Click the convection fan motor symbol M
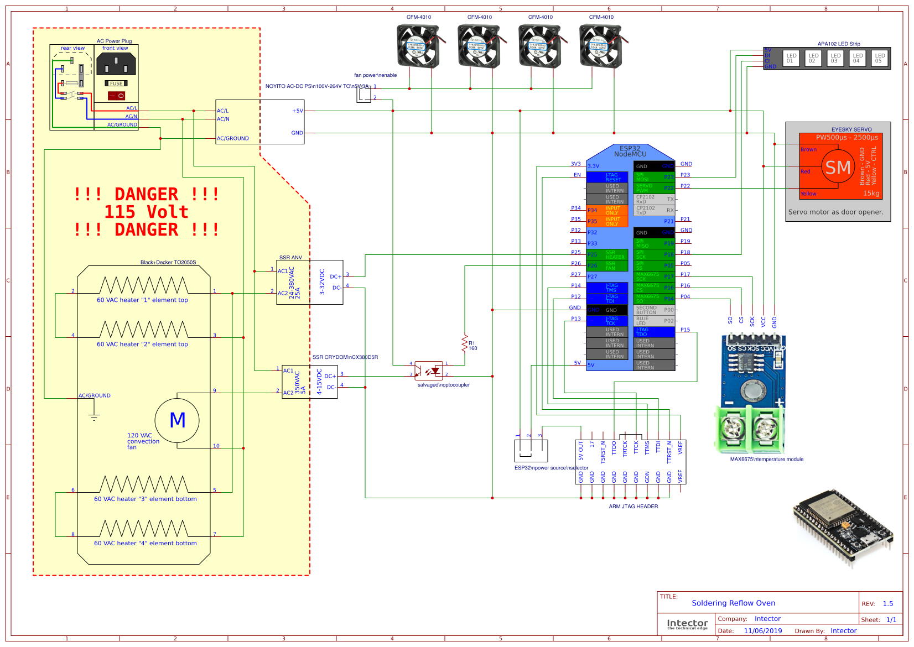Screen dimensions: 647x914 [177, 420]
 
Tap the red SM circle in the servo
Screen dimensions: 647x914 [838, 167]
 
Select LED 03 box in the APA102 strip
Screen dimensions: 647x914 [835, 58]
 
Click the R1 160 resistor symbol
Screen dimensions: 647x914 [465, 343]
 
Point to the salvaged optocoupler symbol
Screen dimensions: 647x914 [429, 371]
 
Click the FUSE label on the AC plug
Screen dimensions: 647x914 [116, 84]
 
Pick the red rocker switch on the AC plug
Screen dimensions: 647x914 [117, 96]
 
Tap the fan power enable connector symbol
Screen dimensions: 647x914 [363, 95]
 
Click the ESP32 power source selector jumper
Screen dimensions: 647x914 [531, 451]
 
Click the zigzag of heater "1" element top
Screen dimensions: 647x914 [144, 285]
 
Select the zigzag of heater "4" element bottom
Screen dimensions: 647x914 [144, 529]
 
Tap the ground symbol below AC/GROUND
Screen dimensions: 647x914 [94, 417]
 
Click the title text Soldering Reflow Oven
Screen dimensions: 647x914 [733, 603]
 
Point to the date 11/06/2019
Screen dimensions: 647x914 [762, 630]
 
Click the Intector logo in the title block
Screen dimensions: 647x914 [687, 624]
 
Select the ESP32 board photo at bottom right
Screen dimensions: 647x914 [844, 528]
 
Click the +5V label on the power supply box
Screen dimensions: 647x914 [298, 111]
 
